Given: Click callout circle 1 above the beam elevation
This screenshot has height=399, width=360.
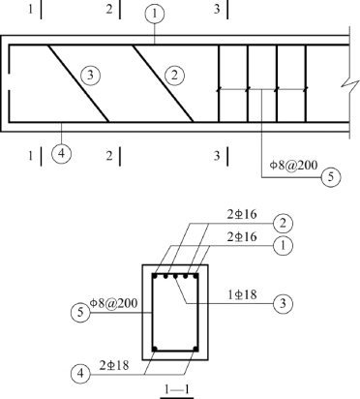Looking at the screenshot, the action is click(x=155, y=14).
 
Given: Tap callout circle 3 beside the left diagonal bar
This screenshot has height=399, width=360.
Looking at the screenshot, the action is click(x=90, y=76).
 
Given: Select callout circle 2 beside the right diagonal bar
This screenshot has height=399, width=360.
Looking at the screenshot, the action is click(x=175, y=76).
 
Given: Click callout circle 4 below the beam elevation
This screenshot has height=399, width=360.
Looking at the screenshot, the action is click(x=61, y=154).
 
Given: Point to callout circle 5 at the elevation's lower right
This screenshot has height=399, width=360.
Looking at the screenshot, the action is click(x=331, y=177).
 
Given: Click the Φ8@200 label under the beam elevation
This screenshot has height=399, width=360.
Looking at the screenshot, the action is click(x=293, y=165).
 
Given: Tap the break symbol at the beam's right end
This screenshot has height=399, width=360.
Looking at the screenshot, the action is click(x=349, y=86).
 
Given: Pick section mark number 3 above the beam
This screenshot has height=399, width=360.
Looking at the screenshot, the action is click(x=217, y=9).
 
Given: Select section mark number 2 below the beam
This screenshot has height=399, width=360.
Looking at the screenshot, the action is click(x=109, y=156).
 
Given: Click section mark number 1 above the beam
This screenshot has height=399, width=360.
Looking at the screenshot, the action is click(x=30, y=9).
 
